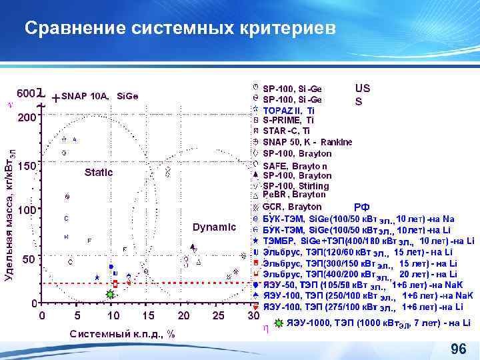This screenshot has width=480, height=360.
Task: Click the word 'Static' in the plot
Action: coord(99,173)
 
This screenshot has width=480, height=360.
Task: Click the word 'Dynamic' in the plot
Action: coord(214,227)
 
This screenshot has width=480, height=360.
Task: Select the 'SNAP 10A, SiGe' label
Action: coord(100,96)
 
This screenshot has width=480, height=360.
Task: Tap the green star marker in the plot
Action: coord(111,294)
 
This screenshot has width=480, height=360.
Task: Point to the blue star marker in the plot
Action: coord(97,277)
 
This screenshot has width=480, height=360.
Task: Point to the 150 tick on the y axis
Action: coord(27,165)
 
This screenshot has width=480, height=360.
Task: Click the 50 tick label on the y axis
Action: coord(29,258)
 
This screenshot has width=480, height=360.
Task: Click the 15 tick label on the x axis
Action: coord(148,315)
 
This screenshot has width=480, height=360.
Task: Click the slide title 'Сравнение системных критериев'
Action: coord(180,29)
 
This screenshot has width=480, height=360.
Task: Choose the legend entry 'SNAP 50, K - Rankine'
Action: coord(307,142)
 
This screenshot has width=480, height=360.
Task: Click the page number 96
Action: coord(458,349)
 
